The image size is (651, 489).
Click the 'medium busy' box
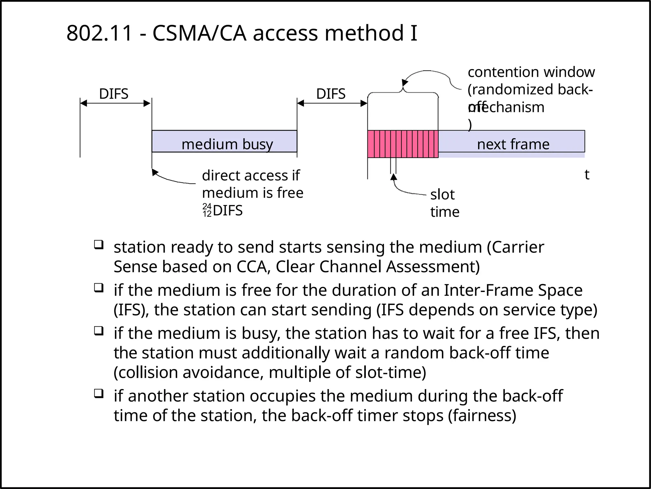pyautogui.click(x=224, y=141)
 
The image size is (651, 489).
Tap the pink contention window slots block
pyautogui.click(x=402, y=144)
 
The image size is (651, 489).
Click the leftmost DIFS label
pyautogui.click(x=113, y=94)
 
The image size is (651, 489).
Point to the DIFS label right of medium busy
pyautogui.click(x=331, y=94)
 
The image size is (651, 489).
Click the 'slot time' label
pyautogui.click(x=444, y=203)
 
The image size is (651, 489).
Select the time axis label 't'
pyautogui.click(x=587, y=175)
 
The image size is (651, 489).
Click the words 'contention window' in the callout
pyautogui.click(x=531, y=72)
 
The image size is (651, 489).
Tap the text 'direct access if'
pyautogui.click(x=250, y=175)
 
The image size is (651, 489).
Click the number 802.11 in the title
pyautogui.click(x=99, y=33)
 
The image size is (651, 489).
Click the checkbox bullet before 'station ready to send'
pyautogui.click(x=99, y=245)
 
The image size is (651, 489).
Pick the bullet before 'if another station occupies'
pyautogui.click(x=99, y=394)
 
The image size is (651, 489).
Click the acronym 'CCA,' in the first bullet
pyautogui.click(x=253, y=266)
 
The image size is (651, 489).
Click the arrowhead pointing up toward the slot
pyautogui.click(x=394, y=177)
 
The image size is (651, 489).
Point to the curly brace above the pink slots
pyautogui.click(x=403, y=92)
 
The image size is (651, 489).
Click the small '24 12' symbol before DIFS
pyautogui.click(x=207, y=210)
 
